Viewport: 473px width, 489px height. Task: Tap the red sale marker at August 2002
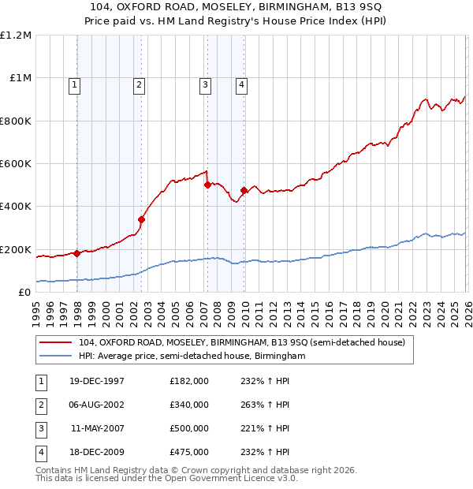[x=142, y=220]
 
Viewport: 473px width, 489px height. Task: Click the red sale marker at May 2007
[x=207, y=185]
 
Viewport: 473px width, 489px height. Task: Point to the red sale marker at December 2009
[x=244, y=190]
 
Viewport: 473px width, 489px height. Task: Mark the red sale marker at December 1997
[x=77, y=253]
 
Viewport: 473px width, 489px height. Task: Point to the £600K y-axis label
[x=16, y=164]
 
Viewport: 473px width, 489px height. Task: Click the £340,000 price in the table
[x=189, y=405]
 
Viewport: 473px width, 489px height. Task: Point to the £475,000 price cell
[x=189, y=452]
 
